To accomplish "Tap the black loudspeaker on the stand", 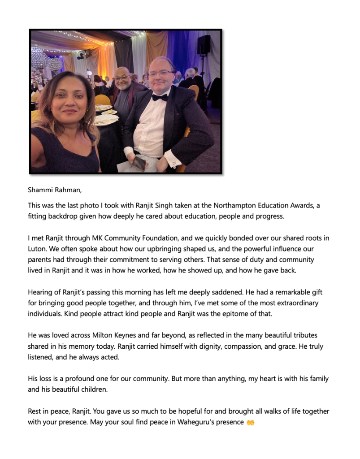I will pyautogui.click(x=204, y=45).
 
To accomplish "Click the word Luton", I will pyautogui.click(x=37, y=248).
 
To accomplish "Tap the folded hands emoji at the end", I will pyautogui.click(x=250, y=422).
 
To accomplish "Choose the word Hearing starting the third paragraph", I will pyautogui.click(x=41, y=292).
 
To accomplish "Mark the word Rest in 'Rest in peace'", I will pyautogui.click(x=35, y=411).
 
